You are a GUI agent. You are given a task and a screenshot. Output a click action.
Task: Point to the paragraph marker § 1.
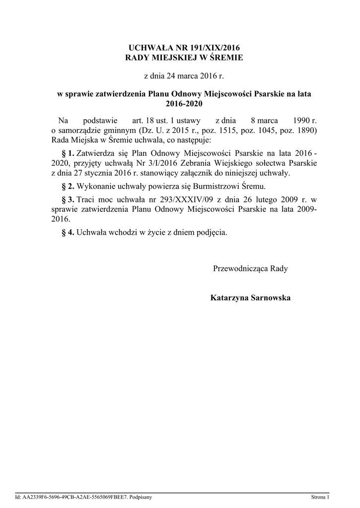67,152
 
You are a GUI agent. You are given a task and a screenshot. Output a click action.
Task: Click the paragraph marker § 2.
67,187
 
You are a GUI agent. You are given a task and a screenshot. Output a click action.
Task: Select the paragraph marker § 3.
67,199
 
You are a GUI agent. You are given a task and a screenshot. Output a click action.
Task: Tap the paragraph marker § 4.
67,232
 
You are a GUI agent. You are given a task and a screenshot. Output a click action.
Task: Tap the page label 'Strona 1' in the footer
320,497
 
